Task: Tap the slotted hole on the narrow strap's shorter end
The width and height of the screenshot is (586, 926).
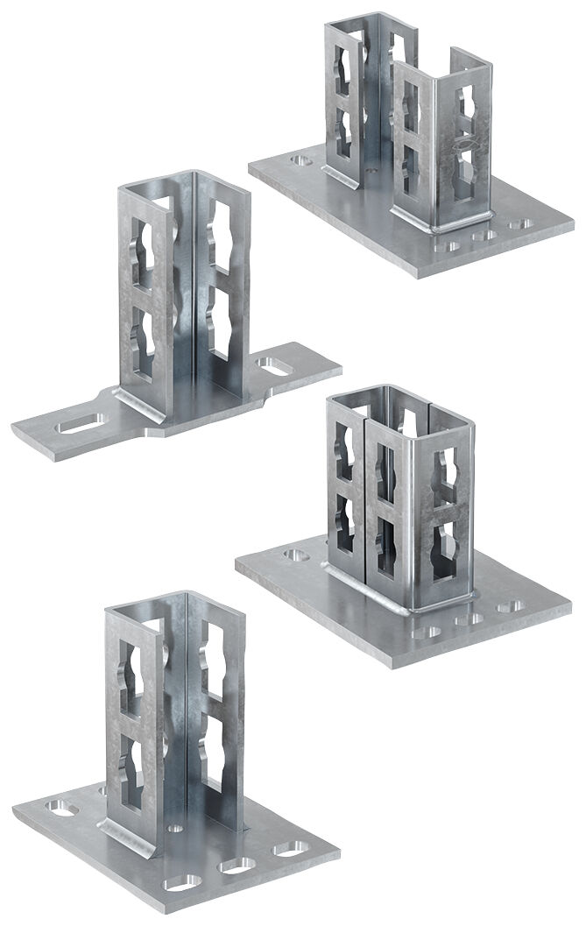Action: coord(274,366)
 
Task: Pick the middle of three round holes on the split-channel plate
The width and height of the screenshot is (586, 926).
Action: coord(480,235)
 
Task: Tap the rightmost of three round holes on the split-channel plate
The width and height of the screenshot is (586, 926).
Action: coord(518,224)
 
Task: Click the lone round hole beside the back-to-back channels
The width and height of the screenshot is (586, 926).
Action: coord(296,555)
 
